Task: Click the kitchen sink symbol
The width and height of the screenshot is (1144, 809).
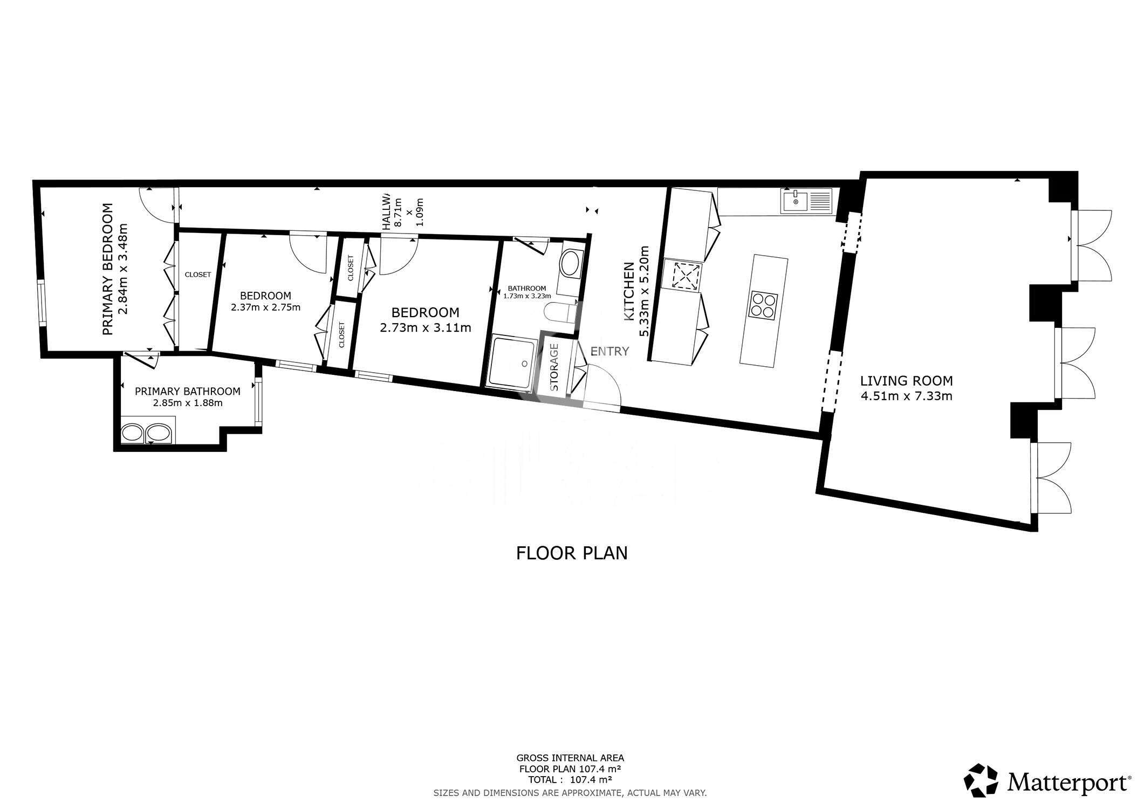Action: [x=806, y=201]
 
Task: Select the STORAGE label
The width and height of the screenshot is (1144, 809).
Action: [x=554, y=367]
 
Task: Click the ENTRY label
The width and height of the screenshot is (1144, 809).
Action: [x=609, y=352]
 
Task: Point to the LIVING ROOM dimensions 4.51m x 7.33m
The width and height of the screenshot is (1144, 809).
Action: [x=906, y=396]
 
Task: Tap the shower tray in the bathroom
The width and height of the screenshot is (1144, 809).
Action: [x=513, y=360]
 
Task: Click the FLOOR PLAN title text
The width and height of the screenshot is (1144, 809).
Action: [x=572, y=553]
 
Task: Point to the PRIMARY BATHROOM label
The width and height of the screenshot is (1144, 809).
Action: [x=187, y=391]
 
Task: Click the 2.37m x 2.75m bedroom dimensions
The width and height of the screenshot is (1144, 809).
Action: [x=265, y=307]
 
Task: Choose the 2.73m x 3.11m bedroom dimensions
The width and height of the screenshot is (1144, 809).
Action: [x=426, y=327]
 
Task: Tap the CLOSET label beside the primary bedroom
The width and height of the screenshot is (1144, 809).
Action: [x=198, y=275]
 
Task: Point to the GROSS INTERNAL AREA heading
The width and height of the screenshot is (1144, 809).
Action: [x=570, y=758]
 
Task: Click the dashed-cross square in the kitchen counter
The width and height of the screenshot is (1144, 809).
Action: [x=683, y=275]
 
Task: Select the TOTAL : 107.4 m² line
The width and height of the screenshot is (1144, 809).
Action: [x=570, y=779]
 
